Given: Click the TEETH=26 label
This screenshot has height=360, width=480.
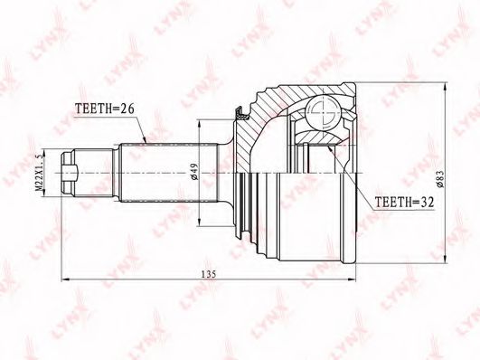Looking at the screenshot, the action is tap(105, 109).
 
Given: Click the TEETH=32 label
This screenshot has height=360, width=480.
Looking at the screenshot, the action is tap(405, 202).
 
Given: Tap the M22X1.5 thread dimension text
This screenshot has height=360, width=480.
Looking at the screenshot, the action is tap(40, 173).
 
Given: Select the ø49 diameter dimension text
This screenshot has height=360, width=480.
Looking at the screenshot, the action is tap(195, 174).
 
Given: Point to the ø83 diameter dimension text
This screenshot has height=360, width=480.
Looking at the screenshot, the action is tap(440, 177).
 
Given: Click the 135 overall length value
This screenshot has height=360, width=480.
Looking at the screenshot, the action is tap(209, 274).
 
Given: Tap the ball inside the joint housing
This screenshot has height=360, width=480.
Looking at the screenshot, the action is tap(323, 112).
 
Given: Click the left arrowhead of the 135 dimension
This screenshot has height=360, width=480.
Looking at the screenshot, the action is tap(65, 279).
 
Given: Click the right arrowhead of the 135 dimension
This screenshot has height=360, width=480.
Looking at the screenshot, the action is tap(353, 279).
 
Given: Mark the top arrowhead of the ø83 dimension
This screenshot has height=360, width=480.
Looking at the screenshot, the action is tap(445, 86).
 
